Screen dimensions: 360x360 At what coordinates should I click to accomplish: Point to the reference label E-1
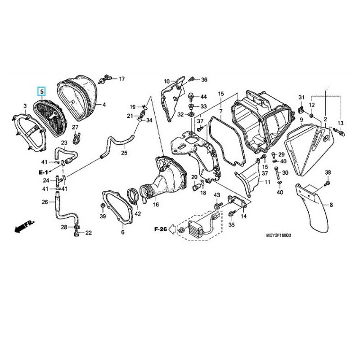tap(44, 171)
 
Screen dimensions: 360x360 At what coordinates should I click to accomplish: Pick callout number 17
tap(121, 79)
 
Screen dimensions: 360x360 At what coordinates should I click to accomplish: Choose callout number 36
tap(204, 80)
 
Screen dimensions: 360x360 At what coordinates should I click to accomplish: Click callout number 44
tap(203, 97)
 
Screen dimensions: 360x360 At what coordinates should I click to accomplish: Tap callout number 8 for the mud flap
tap(331, 205)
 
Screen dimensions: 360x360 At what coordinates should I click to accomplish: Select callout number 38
tap(328, 173)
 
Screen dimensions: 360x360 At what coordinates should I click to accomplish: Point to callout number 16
tap(156, 205)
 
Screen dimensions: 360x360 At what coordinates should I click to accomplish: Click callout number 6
tap(122, 233)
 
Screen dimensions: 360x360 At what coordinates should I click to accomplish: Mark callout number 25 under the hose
tap(124, 153)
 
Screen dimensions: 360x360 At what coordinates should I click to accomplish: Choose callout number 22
tap(88, 233)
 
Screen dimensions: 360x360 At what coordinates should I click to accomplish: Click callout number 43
tap(216, 194)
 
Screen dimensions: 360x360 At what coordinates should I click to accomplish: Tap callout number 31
tap(301, 98)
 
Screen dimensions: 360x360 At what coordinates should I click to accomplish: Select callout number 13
tap(340, 123)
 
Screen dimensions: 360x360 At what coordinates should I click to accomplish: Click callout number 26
tap(45, 202)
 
